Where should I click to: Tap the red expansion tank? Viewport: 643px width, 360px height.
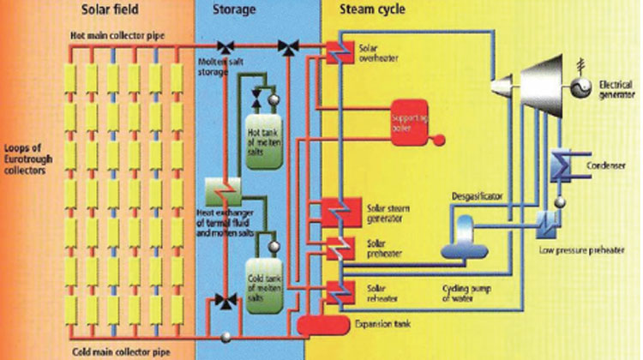point(320,324)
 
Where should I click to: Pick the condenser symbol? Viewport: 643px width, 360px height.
point(566,164)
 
